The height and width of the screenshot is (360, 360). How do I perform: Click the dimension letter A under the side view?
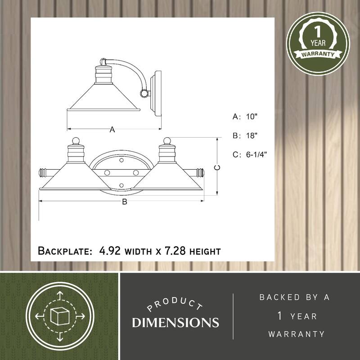click(x=112, y=130)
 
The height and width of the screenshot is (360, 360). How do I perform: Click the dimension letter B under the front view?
click(x=125, y=202)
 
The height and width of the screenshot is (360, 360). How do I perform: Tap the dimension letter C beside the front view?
click(x=216, y=167)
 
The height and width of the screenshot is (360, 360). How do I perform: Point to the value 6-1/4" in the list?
click(x=256, y=154)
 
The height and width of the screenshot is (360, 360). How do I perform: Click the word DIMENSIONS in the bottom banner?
click(x=175, y=322)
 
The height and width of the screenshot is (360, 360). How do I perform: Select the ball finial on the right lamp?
click(x=167, y=141)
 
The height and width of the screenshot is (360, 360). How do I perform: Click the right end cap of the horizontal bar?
click(x=200, y=172)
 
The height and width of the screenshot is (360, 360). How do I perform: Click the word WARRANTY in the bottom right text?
click(x=296, y=334)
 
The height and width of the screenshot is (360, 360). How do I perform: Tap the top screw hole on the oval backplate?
click(x=122, y=160)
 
